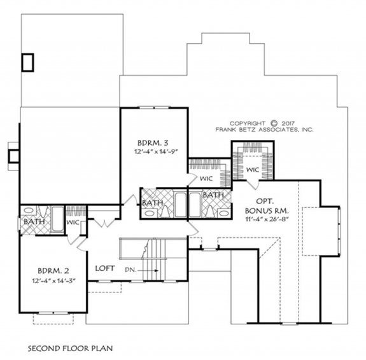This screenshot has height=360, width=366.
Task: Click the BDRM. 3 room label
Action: (153, 142)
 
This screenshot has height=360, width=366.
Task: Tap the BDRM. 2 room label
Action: (53, 271)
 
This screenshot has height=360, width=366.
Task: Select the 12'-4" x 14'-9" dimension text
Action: (156, 151)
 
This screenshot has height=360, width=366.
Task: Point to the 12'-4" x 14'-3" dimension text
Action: (54, 280)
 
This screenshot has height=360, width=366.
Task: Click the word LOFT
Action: (105, 268)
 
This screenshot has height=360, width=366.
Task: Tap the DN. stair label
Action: (130, 270)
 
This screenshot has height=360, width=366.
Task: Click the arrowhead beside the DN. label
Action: (157, 271)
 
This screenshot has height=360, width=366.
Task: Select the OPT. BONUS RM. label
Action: (267, 206)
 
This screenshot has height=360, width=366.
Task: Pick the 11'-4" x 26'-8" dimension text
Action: (267, 219)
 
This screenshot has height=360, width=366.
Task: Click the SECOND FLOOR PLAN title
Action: (70, 349)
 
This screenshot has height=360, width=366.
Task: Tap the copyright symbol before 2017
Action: (274, 123)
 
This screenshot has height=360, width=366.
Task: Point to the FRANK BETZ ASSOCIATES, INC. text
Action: (264, 130)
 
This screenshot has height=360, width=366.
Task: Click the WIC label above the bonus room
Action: (253, 170)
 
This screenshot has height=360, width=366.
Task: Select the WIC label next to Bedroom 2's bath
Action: (73, 223)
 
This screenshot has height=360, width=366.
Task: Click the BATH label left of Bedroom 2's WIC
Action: (34, 221)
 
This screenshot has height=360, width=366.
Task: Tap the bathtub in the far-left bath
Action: (57, 219)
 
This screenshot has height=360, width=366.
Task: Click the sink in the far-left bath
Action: (29, 211)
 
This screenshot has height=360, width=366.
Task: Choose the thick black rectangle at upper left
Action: (28, 62)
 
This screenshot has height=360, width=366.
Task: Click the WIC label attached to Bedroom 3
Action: (206, 179)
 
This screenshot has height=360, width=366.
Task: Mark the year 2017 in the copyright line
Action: (288, 123)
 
